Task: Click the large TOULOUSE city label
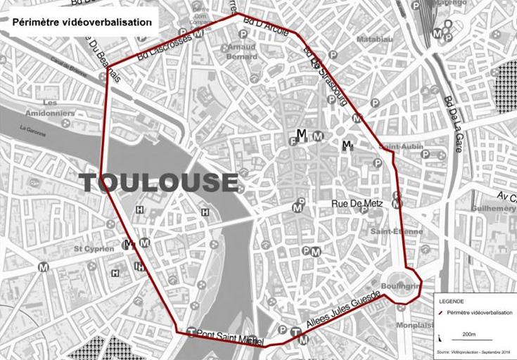tap(158, 182)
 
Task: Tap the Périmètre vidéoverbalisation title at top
tap(82, 22)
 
